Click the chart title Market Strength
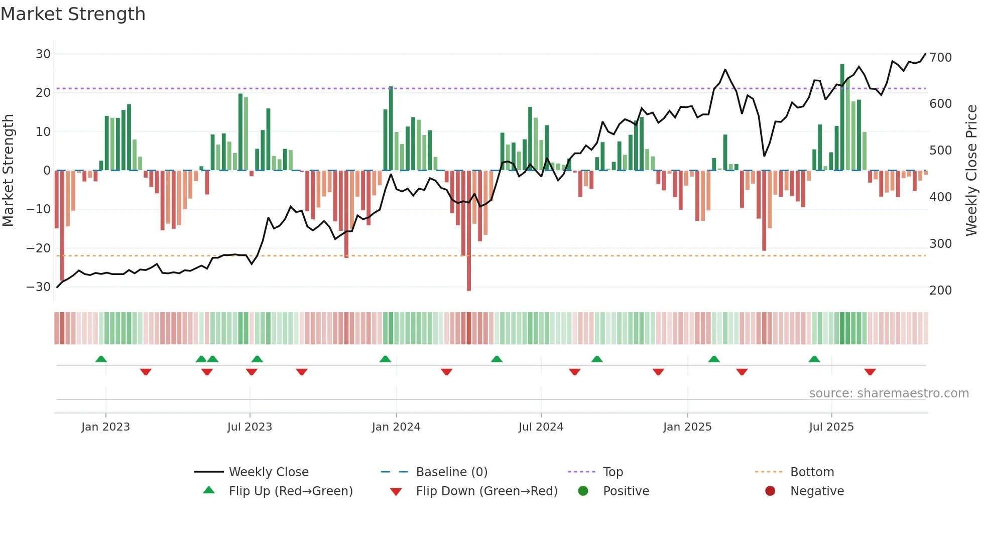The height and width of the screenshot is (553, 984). tap(73, 14)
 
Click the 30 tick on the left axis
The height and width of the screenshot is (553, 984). tap(43, 54)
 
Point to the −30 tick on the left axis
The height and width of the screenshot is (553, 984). tap(39, 287)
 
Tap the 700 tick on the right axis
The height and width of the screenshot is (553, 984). tap(940, 58)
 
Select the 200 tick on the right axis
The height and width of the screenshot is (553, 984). tap(940, 291)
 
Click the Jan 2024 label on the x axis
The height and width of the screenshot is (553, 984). tap(396, 427)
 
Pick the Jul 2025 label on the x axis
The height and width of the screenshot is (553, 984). tap(831, 427)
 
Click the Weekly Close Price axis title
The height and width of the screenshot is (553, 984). tap(971, 171)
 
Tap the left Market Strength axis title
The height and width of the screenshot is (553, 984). tap(9, 171)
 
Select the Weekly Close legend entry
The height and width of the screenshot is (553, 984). tap(269, 472)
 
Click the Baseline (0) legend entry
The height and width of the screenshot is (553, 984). tap(452, 472)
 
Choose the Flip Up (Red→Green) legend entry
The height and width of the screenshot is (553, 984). tap(291, 491)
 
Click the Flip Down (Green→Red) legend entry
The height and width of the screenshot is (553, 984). tap(486, 491)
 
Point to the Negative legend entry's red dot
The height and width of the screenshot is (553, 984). tap(770, 491)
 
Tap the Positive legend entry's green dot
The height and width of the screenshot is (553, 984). tap(583, 491)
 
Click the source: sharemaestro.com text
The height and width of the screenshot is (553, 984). tap(889, 393)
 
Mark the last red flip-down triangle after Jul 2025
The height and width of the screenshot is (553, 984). tap(870, 372)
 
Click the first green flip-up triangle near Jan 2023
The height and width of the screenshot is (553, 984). tap(101, 359)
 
